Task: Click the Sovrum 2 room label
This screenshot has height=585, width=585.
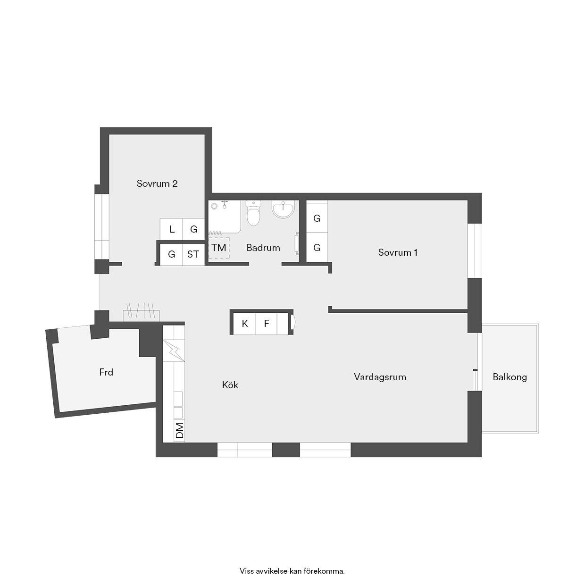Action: pos(157,184)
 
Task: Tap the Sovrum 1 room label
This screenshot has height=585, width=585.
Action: pos(398,252)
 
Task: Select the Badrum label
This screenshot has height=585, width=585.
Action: pos(263,248)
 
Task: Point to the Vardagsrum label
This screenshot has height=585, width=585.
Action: pos(380,377)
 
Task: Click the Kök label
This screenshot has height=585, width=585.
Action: pos(230,385)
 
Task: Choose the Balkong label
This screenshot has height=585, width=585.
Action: pos(510,377)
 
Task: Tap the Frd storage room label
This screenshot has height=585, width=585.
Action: pos(106,372)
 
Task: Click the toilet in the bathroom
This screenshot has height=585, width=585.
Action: pos(253,213)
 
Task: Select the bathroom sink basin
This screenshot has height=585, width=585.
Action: pos(283,209)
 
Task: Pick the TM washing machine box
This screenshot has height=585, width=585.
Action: pos(219,248)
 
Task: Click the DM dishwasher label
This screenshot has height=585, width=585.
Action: pos(180,430)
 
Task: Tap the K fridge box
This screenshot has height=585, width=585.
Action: pos(244,324)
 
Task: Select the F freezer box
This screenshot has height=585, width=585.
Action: pos(266,324)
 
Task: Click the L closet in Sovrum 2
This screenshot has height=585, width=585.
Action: pos(171,229)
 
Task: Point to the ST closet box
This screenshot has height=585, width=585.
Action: pos(193,254)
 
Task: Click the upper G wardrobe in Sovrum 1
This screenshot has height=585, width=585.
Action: pos(317,218)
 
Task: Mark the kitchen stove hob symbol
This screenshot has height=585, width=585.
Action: pos(174,351)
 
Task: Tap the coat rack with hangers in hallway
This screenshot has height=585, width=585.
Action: pos(141,312)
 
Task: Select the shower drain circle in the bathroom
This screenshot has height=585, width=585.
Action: pos(215,206)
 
